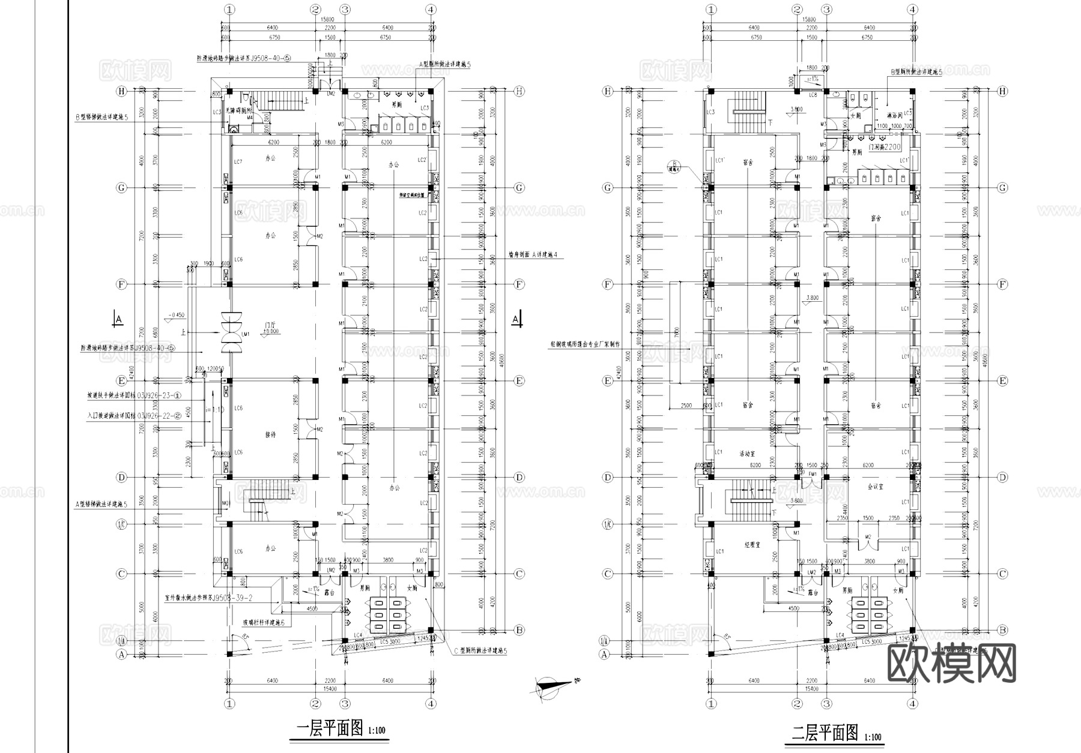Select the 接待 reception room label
pos(270,434)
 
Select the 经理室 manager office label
pos(752,545)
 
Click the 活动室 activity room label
pos(746,454)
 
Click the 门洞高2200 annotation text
pos(883,146)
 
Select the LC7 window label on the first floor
pos(238,162)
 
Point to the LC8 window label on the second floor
pos(813,95)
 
